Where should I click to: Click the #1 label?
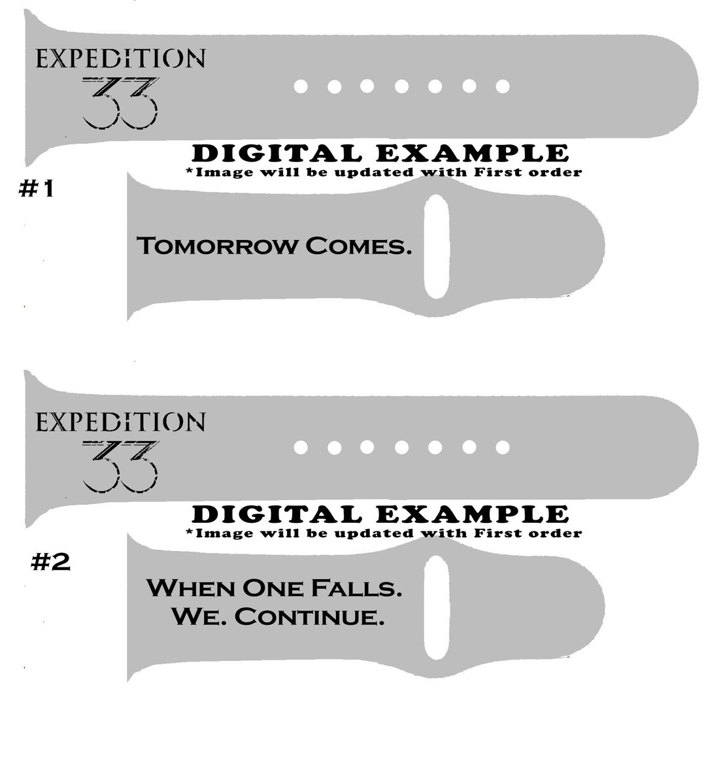[36, 188]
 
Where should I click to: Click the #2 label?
[50, 561]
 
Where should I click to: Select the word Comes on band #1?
[358, 246]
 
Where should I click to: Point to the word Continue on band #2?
[309, 617]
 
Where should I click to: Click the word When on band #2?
[191, 588]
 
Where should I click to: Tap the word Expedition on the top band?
[120, 58]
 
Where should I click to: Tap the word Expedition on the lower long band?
[120, 422]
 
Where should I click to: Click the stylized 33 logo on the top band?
[120, 103]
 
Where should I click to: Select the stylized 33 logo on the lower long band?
[120, 466]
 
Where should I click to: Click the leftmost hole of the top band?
[301, 86]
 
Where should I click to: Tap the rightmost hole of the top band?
[502, 86]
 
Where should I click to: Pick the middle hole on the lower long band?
[401, 447]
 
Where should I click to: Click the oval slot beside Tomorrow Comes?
[437, 246]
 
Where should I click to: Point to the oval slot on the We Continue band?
[437, 607]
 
